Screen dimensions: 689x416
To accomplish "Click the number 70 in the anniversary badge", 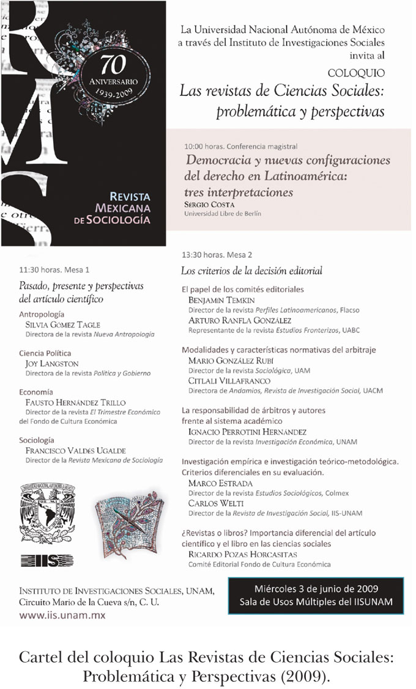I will [x=108, y=63].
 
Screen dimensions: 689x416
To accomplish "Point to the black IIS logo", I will [x=46, y=560].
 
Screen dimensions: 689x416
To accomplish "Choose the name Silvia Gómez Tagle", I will [x=62, y=324].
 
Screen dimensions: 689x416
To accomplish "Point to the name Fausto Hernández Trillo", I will [x=75, y=403].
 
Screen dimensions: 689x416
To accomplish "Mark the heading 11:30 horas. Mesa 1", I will [x=54, y=269].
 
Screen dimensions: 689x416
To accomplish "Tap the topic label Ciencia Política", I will [x=45, y=353].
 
